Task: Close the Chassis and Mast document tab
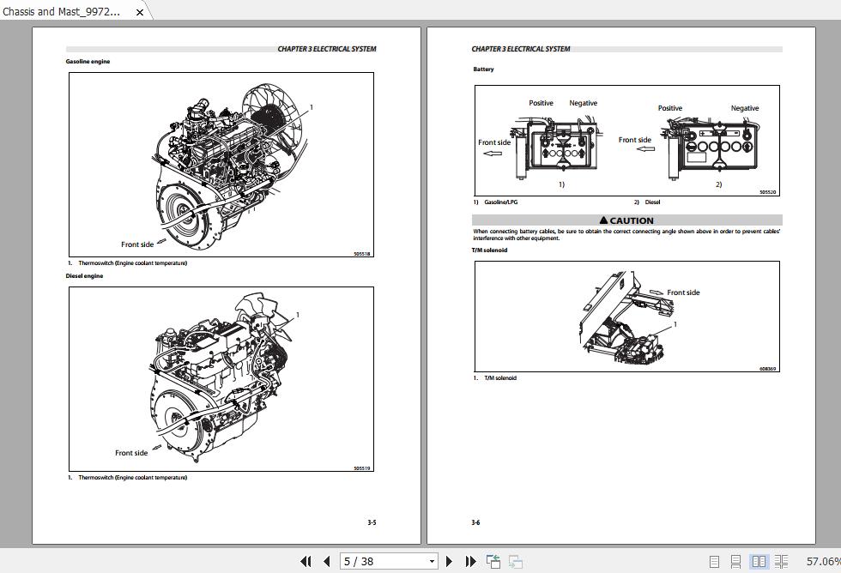click(140, 12)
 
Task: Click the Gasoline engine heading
click(88, 62)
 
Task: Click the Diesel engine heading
click(84, 276)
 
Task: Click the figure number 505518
click(362, 254)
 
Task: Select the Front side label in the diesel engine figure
click(131, 453)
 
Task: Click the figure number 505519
click(362, 468)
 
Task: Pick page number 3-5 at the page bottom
click(372, 522)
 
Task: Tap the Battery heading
click(483, 69)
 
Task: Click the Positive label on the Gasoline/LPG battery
click(541, 103)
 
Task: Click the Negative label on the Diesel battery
click(744, 108)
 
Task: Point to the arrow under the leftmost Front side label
click(493, 154)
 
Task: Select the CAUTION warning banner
click(626, 220)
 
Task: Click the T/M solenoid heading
click(489, 250)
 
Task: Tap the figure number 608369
click(767, 369)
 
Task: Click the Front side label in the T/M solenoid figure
click(683, 293)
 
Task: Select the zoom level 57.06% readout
click(821, 561)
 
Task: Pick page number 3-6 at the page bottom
click(475, 522)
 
